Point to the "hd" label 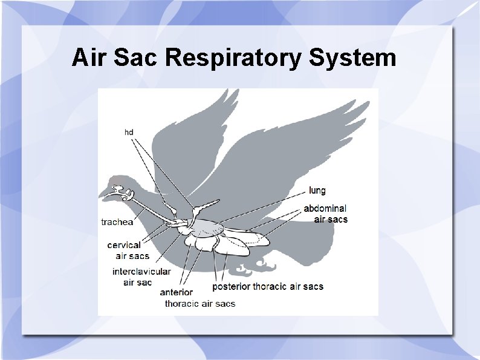click(129, 131)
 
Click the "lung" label click(317, 191)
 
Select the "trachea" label click(117, 222)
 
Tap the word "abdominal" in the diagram click(325, 209)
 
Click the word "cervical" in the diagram click(124, 245)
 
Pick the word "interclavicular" click(141, 272)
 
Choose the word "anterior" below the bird click(177, 293)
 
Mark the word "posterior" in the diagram click(232, 286)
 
